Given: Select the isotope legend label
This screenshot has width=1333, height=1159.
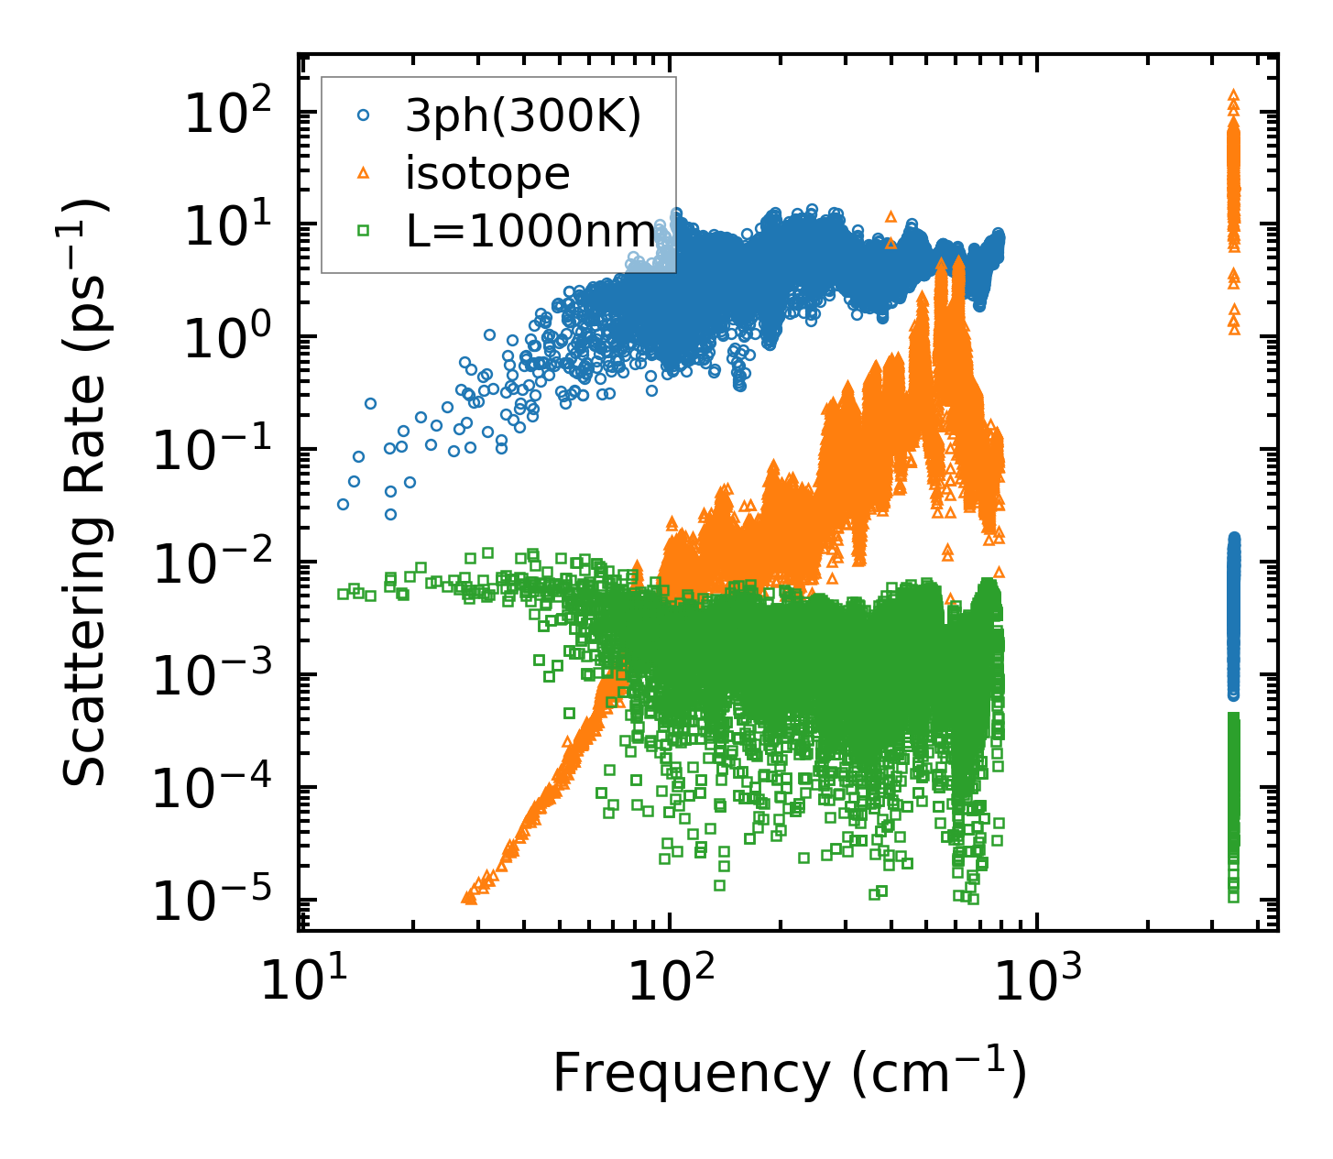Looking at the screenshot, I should click(487, 173).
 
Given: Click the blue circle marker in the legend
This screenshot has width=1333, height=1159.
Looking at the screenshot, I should click(364, 116).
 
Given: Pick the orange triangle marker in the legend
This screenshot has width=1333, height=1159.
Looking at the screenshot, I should click(364, 173).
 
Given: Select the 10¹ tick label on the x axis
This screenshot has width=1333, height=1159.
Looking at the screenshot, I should click(300, 984).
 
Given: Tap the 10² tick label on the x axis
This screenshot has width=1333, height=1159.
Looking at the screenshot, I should click(669, 984).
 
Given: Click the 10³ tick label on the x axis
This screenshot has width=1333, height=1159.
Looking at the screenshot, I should click(1035, 984).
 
